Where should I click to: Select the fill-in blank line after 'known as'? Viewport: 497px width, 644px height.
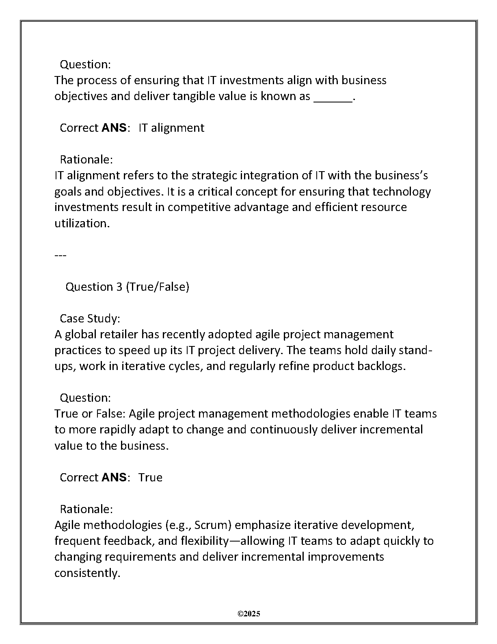tap(333, 98)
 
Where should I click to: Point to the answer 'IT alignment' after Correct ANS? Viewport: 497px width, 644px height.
tap(171, 128)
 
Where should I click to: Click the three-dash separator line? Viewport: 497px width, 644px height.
tap(60, 255)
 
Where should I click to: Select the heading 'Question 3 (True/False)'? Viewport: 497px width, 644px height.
tap(127, 287)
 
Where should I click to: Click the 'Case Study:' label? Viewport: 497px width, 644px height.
tap(90, 318)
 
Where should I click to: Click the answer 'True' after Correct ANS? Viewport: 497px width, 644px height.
tap(150, 477)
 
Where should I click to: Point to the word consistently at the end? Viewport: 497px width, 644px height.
tap(87, 573)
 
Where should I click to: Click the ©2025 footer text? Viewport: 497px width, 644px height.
tap(248, 614)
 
